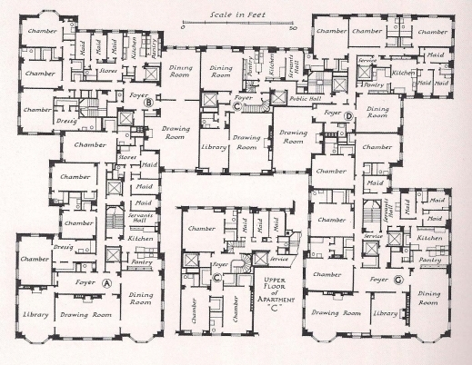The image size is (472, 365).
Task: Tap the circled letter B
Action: coord(147,102)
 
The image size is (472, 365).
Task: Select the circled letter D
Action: coord(348,115)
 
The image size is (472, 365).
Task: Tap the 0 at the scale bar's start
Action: coord(182,28)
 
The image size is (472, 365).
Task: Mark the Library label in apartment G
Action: coord(385,313)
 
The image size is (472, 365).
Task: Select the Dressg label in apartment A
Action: coord(63,245)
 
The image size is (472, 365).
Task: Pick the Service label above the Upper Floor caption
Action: coord(278,259)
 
